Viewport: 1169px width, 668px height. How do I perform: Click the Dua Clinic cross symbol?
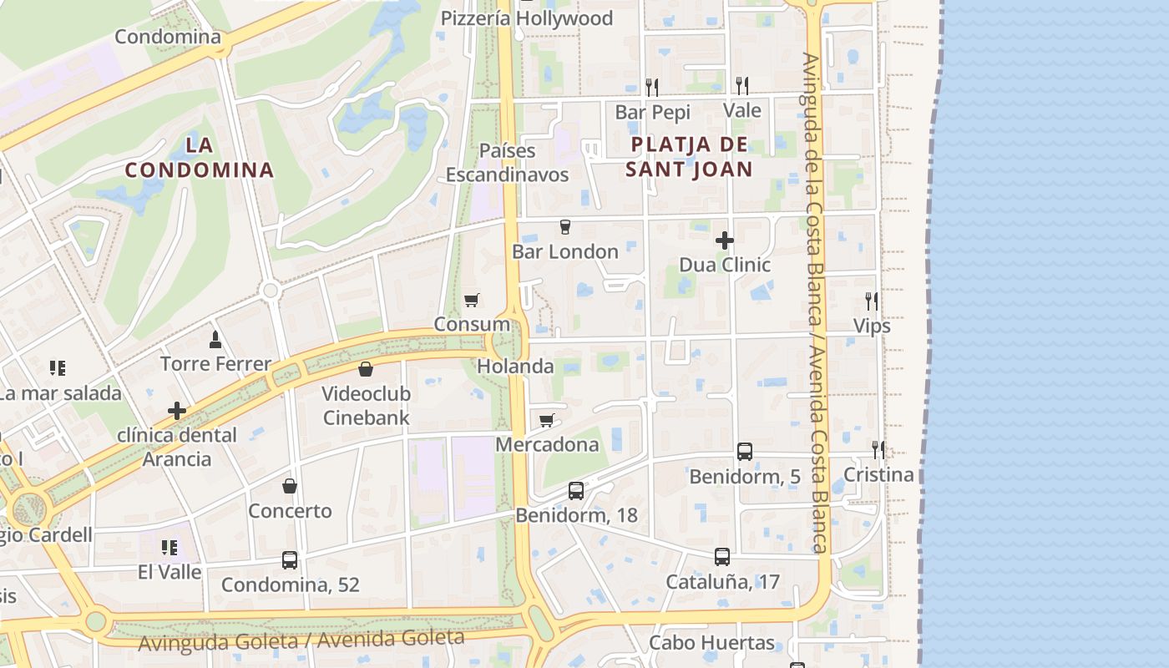[x=724, y=240]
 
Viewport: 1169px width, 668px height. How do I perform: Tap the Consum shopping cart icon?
[x=472, y=300]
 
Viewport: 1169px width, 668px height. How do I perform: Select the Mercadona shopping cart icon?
[x=547, y=420]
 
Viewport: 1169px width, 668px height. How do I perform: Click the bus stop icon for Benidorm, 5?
[x=745, y=452]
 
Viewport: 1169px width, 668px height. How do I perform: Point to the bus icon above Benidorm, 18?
[x=576, y=490]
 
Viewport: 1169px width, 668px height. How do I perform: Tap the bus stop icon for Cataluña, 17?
[x=722, y=556]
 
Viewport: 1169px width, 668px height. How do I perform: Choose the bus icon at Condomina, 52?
[x=290, y=559]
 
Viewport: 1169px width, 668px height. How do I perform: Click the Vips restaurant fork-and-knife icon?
[x=872, y=301]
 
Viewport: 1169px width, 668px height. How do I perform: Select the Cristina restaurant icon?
[x=878, y=450]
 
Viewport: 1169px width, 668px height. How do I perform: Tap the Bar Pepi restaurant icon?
[x=652, y=86]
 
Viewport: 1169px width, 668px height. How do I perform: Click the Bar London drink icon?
[x=565, y=227]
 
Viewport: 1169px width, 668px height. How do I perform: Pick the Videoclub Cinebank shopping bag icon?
[x=366, y=369]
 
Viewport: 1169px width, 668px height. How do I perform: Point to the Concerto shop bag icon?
[x=290, y=486]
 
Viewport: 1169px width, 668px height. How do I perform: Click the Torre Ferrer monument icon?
[x=215, y=339]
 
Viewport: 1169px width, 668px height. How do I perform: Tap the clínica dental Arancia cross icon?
[x=177, y=411]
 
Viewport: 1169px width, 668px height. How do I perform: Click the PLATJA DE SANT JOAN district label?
[x=691, y=156]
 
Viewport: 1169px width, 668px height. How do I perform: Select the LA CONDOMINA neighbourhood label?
[x=200, y=157]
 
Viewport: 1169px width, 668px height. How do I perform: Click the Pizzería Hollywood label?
[x=526, y=18]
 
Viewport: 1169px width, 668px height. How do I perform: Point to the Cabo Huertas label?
[x=711, y=643]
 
